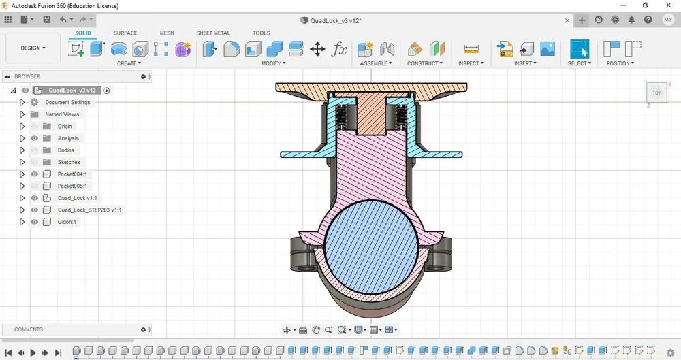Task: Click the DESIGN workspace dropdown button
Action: (33, 48)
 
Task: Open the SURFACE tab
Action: (125, 33)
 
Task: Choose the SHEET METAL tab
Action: (213, 33)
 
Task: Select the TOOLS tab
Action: (261, 33)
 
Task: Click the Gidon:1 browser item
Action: (67, 222)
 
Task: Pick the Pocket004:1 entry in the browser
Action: (72, 174)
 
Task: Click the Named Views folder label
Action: (62, 114)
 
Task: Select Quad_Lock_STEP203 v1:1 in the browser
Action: (89, 210)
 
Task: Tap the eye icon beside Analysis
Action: (35, 138)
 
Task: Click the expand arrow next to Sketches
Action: (22, 162)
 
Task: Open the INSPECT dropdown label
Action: (471, 63)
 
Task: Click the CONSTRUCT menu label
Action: (425, 63)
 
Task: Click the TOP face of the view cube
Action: (656, 93)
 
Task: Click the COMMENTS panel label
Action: (29, 329)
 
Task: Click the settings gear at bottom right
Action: (671, 353)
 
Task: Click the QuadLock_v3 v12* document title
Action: (335, 20)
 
